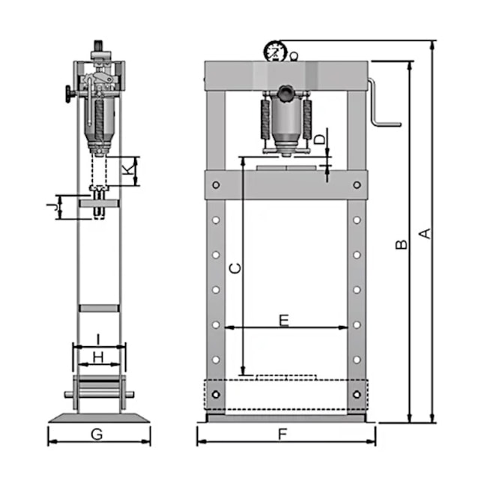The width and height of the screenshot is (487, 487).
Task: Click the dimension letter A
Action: pyautogui.click(x=426, y=234)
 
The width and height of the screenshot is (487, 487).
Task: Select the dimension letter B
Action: pyautogui.click(x=402, y=244)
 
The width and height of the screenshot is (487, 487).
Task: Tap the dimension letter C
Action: pyautogui.click(x=235, y=268)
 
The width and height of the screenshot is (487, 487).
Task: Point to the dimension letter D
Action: pyautogui.click(x=320, y=139)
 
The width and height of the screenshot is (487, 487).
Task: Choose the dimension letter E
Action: pyautogui.click(x=284, y=321)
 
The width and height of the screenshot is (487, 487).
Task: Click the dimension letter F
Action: pyautogui.click(x=282, y=434)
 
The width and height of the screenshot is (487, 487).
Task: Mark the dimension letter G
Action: pyautogui.click(x=97, y=435)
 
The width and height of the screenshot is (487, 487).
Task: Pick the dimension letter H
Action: pyautogui.click(x=98, y=358)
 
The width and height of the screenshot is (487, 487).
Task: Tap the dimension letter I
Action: pyautogui.click(x=98, y=339)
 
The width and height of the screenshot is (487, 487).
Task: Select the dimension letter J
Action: pyautogui.click(x=52, y=206)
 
